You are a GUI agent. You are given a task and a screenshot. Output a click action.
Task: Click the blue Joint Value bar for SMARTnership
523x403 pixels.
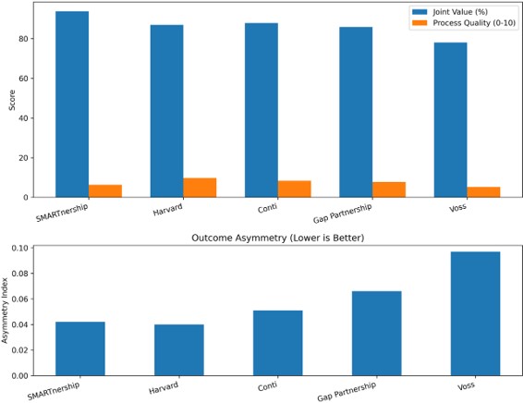click(72, 104)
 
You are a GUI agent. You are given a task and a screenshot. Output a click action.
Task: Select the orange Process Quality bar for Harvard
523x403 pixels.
click(200, 188)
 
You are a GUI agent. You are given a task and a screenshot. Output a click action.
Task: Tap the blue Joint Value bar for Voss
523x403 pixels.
click(450, 120)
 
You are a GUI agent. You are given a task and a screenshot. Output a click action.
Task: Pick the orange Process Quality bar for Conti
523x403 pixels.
click(294, 189)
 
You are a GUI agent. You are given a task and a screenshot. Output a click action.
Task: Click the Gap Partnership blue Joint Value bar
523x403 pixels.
click(356, 112)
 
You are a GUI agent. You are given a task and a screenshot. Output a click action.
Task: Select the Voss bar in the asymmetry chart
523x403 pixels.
click(475, 313)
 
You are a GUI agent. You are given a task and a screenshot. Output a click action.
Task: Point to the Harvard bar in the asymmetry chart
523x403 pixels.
click(179, 350)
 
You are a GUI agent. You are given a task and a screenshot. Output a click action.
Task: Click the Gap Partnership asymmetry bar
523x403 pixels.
click(377, 334)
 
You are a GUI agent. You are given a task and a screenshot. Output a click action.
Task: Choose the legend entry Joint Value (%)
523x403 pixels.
click(450, 12)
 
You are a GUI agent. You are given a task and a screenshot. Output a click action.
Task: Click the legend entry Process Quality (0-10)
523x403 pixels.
click(464, 23)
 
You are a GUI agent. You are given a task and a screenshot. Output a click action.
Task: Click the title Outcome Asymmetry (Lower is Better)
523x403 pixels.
click(278, 238)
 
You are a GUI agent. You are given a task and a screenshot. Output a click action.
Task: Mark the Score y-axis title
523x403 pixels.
click(12, 100)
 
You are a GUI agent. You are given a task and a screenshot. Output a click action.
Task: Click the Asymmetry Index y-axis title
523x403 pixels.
click(5, 311)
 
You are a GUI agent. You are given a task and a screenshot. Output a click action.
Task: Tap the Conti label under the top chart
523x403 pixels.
click(267, 209)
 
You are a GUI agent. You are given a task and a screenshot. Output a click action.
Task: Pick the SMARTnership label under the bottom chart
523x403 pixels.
click(54, 391)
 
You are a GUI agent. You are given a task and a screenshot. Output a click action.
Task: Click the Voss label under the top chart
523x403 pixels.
click(457, 208)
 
